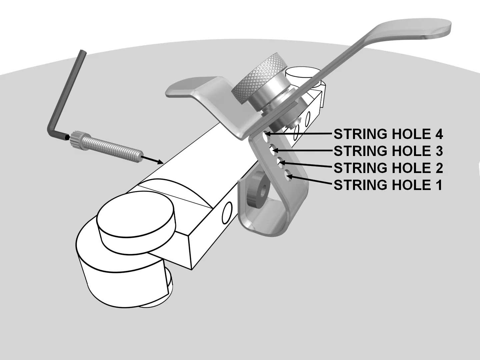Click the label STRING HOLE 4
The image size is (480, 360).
(388, 134)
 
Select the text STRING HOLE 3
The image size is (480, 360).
(388, 151)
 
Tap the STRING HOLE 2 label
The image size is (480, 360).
(388, 168)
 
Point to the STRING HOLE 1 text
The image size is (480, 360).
(388, 185)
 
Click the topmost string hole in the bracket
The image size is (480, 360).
(266, 136)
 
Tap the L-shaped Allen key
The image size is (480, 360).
(67, 97)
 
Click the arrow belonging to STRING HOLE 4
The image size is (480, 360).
(300, 134)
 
